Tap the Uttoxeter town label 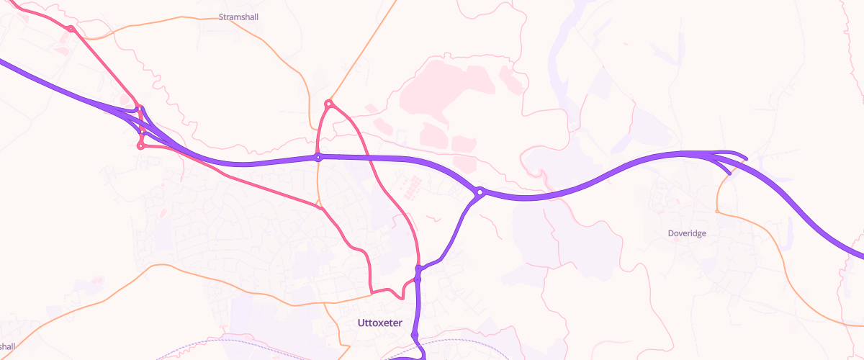pos(379,323)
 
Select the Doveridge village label pos(687,233)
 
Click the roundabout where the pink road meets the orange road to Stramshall pos(71,29)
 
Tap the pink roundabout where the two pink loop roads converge pos(328,104)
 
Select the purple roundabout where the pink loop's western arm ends pos(318,157)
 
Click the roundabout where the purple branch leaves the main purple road pos(480,192)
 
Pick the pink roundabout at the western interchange pos(140,146)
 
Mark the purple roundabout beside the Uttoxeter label pos(415,336)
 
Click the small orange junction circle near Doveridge pos(716,211)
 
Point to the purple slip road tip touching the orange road pos(729,174)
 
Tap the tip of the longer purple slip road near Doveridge pos(746,158)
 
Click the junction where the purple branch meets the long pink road pos(418,269)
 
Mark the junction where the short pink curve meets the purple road pos(417,279)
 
